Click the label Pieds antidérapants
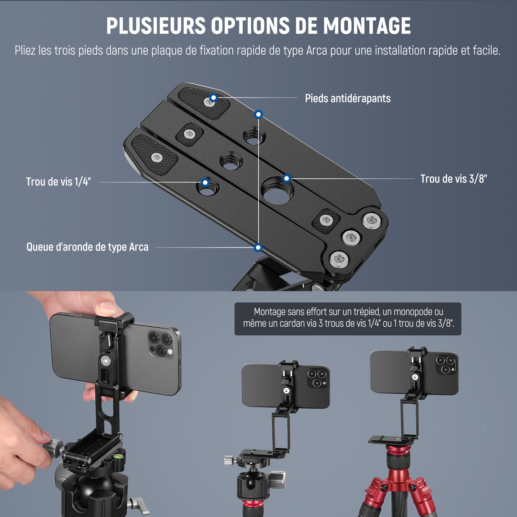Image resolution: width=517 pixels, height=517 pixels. [x=348, y=99]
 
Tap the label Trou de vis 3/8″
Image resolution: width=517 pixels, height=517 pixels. [x=454, y=179]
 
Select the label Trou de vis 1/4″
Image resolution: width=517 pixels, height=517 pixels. [x=58, y=182]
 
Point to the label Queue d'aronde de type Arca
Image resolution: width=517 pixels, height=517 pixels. [x=87, y=247]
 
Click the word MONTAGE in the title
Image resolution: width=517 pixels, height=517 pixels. [x=367, y=26]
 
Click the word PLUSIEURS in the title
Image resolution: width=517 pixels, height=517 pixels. [x=156, y=26]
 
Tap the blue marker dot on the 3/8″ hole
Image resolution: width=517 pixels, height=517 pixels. [x=287, y=178]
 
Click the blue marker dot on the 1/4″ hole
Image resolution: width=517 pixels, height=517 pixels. [x=205, y=183]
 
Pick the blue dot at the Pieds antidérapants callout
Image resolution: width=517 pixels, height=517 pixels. [x=213, y=97]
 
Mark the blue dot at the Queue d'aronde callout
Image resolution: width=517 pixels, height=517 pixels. [x=258, y=248]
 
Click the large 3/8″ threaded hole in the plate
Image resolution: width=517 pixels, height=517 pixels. [x=277, y=191]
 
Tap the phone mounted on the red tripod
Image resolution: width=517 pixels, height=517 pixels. [x=414, y=373]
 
